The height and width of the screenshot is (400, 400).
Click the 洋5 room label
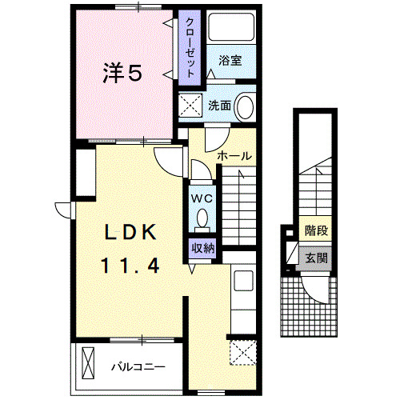[x=122, y=73]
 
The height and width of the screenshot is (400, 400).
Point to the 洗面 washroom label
[x=220, y=105]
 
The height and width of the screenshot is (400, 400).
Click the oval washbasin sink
[x=246, y=106]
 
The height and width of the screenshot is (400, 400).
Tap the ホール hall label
[x=234, y=155]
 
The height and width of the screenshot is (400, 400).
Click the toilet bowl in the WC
[x=202, y=218]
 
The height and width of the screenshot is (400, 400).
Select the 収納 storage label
[x=202, y=248]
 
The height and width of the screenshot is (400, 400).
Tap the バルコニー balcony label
[x=138, y=367]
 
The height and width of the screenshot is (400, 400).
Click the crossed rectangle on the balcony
[x=87, y=364]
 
